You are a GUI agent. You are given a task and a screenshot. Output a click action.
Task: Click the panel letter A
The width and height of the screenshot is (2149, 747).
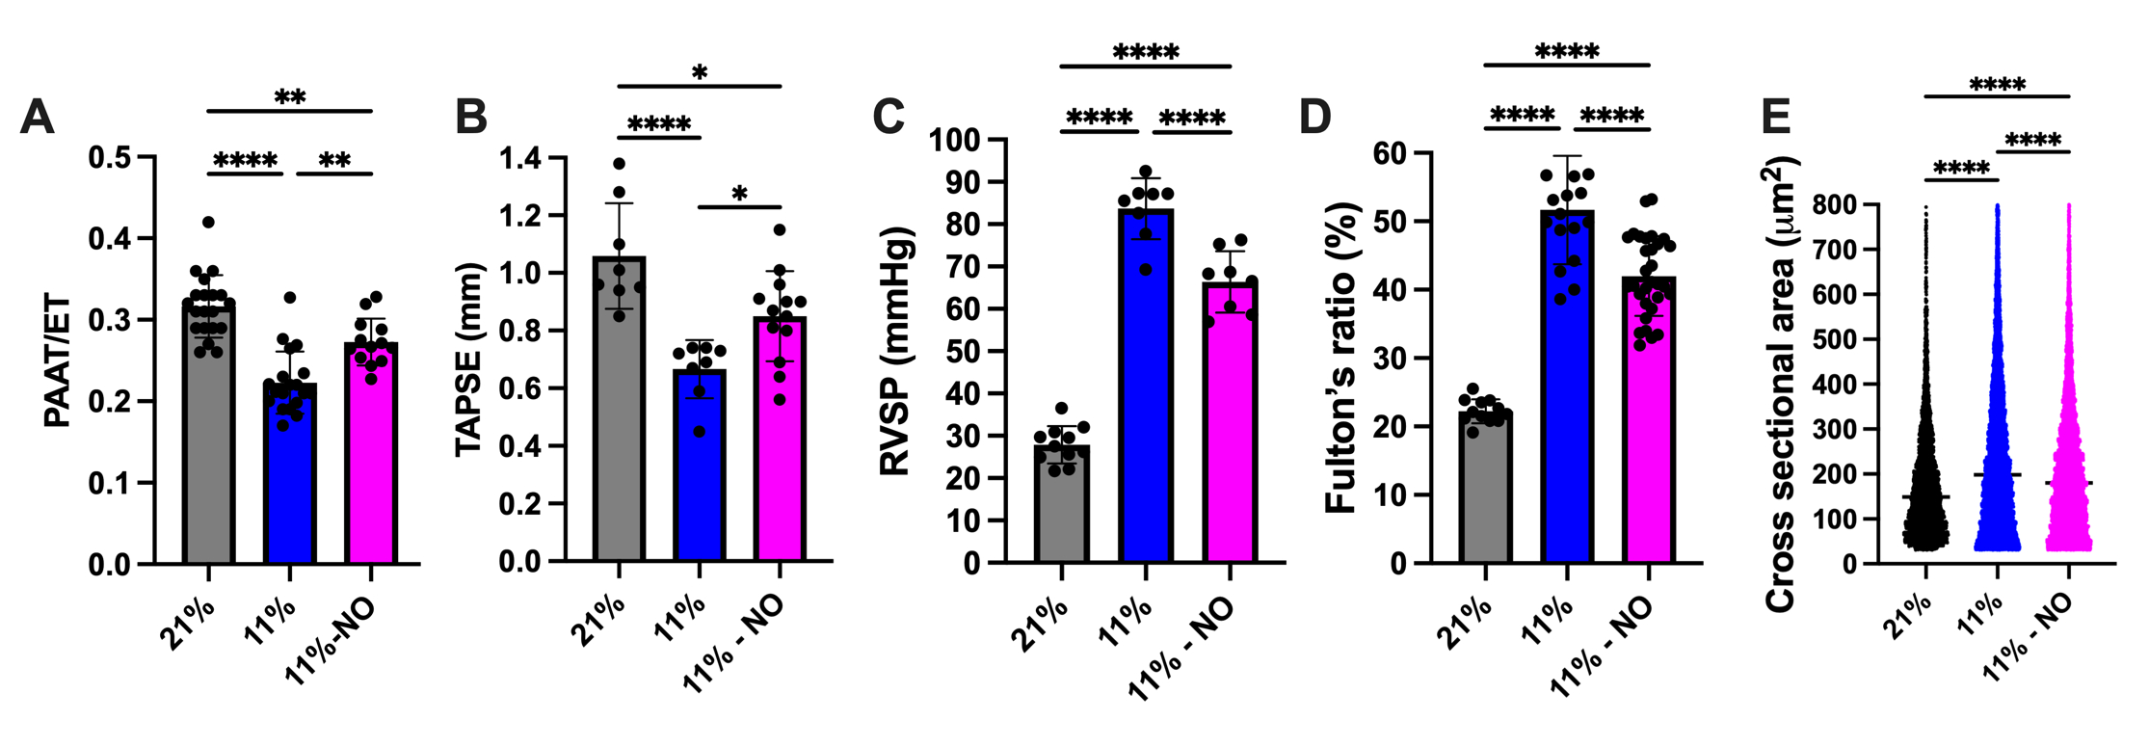point(37,118)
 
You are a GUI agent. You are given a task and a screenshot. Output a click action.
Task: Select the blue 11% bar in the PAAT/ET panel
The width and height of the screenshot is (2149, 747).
point(290,482)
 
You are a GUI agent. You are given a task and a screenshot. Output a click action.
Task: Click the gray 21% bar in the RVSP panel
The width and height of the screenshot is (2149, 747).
point(1061,506)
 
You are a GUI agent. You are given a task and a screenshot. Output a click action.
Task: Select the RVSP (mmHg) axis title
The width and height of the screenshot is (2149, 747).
point(896,351)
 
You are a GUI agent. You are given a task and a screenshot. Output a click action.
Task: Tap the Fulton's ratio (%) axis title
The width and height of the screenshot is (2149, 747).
point(1342,357)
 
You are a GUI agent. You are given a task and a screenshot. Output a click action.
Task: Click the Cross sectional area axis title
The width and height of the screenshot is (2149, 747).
point(1780,386)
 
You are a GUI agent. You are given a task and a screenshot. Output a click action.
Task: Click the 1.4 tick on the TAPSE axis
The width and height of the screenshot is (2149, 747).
point(521,158)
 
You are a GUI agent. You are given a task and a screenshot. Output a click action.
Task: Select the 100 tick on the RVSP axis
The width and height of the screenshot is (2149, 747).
point(954,141)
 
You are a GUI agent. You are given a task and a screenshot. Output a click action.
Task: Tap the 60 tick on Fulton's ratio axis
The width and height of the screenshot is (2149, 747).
point(1388,153)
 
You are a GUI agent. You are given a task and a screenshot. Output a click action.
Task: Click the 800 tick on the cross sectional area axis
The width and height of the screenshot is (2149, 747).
point(1833,205)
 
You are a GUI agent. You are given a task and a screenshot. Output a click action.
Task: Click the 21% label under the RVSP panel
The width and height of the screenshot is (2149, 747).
point(1039,624)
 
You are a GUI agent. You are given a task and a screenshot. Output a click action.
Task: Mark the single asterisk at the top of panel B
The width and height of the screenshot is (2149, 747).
point(700,73)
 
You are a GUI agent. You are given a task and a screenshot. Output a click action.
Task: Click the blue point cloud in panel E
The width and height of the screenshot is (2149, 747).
point(1997,434)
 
